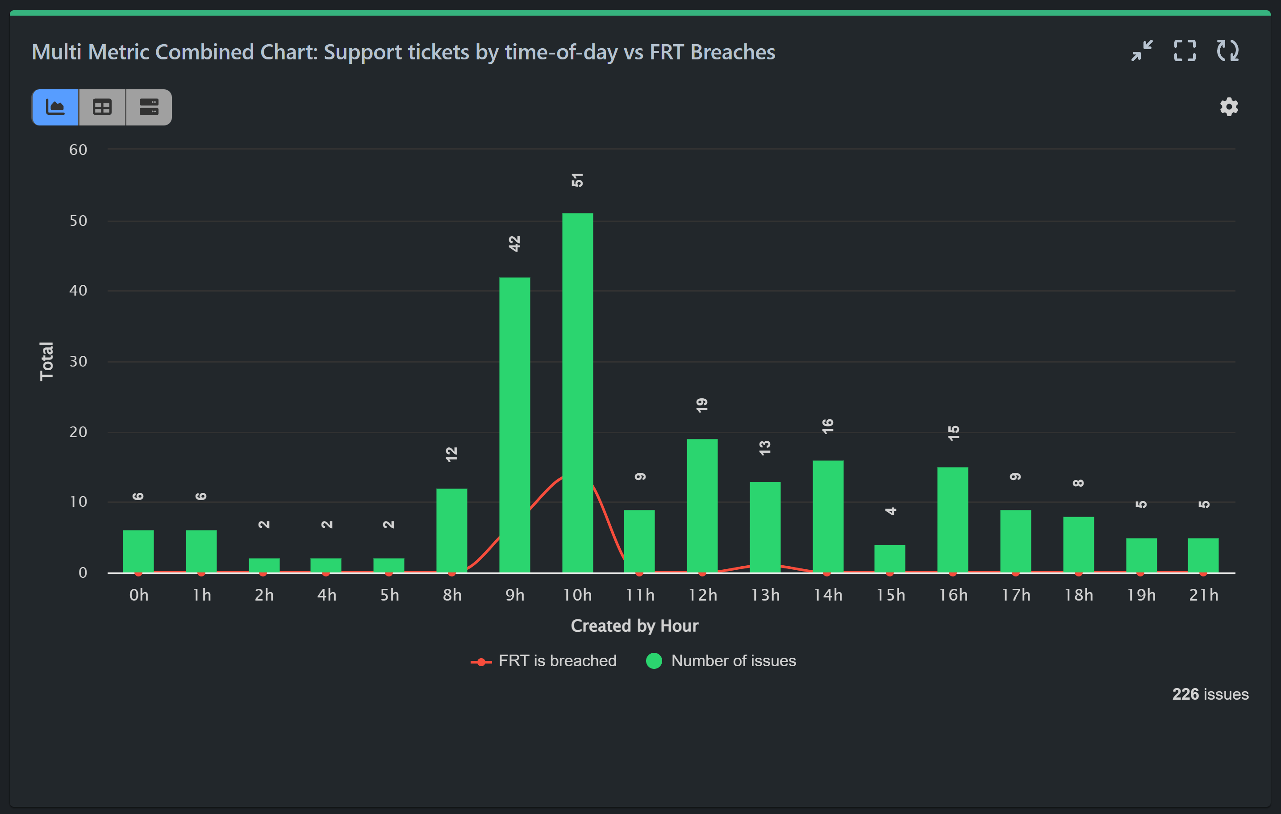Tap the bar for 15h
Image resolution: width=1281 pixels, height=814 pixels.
(889, 559)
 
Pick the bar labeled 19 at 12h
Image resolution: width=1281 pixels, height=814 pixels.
(702, 505)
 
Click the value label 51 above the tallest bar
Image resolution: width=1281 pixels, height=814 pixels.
(577, 180)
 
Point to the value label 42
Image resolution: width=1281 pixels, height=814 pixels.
(514, 244)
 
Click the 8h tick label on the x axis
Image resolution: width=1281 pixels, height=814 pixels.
(452, 595)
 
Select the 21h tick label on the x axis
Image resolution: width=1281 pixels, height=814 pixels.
(1203, 595)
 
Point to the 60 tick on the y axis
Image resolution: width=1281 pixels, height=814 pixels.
(78, 150)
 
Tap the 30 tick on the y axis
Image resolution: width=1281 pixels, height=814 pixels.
(78, 361)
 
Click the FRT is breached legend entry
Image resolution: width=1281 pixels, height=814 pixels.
(544, 661)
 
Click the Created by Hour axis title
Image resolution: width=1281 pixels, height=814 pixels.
(634, 626)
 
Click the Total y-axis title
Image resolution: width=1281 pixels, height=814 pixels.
(47, 361)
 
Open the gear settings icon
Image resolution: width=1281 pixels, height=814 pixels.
(1229, 107)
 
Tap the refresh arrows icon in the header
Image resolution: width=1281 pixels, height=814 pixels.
(1228, 51)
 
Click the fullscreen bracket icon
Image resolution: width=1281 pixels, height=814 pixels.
(1185, 51)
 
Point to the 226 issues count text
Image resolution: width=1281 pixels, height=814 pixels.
(1210, 694)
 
